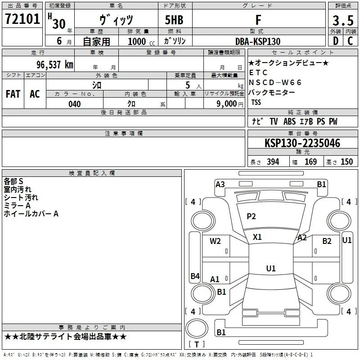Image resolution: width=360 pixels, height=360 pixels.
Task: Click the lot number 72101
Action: click(x=22, y=19)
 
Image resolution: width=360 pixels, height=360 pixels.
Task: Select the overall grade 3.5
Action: click(x=343, y=20)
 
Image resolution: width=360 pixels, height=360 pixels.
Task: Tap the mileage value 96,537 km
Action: click(x=55, y=64)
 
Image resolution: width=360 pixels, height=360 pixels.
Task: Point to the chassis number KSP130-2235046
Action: click(x=302, y=143)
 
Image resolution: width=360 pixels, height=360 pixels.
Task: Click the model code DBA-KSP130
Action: click(x=258, y=41)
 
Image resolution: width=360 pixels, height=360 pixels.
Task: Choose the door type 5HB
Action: click(x=174, y=20)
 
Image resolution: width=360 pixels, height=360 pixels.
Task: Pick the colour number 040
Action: click(x=75, y=104)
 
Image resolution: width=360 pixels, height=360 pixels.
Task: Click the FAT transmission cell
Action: click(x=13, y=94)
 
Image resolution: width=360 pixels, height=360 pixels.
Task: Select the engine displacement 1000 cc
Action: click(x=141, y=41)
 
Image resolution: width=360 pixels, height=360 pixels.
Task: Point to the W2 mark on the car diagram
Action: click(x=215, y=241)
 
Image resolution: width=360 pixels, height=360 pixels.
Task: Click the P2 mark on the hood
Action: click(x=251, y=216)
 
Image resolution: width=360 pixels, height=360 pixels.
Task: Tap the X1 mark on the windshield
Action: click(x=257, y=237)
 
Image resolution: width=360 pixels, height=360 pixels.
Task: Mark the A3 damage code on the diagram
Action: click(x=220, y=184)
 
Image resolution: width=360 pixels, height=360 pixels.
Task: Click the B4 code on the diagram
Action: click(x=195, y=276)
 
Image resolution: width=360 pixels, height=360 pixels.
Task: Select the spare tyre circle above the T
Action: click(x=197, y=328)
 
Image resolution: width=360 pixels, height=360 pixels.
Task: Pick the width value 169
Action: click(x=310, y=162)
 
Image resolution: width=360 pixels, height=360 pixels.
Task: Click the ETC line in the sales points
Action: click(x=258, y=72)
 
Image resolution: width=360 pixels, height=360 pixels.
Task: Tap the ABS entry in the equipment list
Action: click(x=289, y=121)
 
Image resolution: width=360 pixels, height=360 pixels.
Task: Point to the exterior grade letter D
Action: click(x=335, y=41)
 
